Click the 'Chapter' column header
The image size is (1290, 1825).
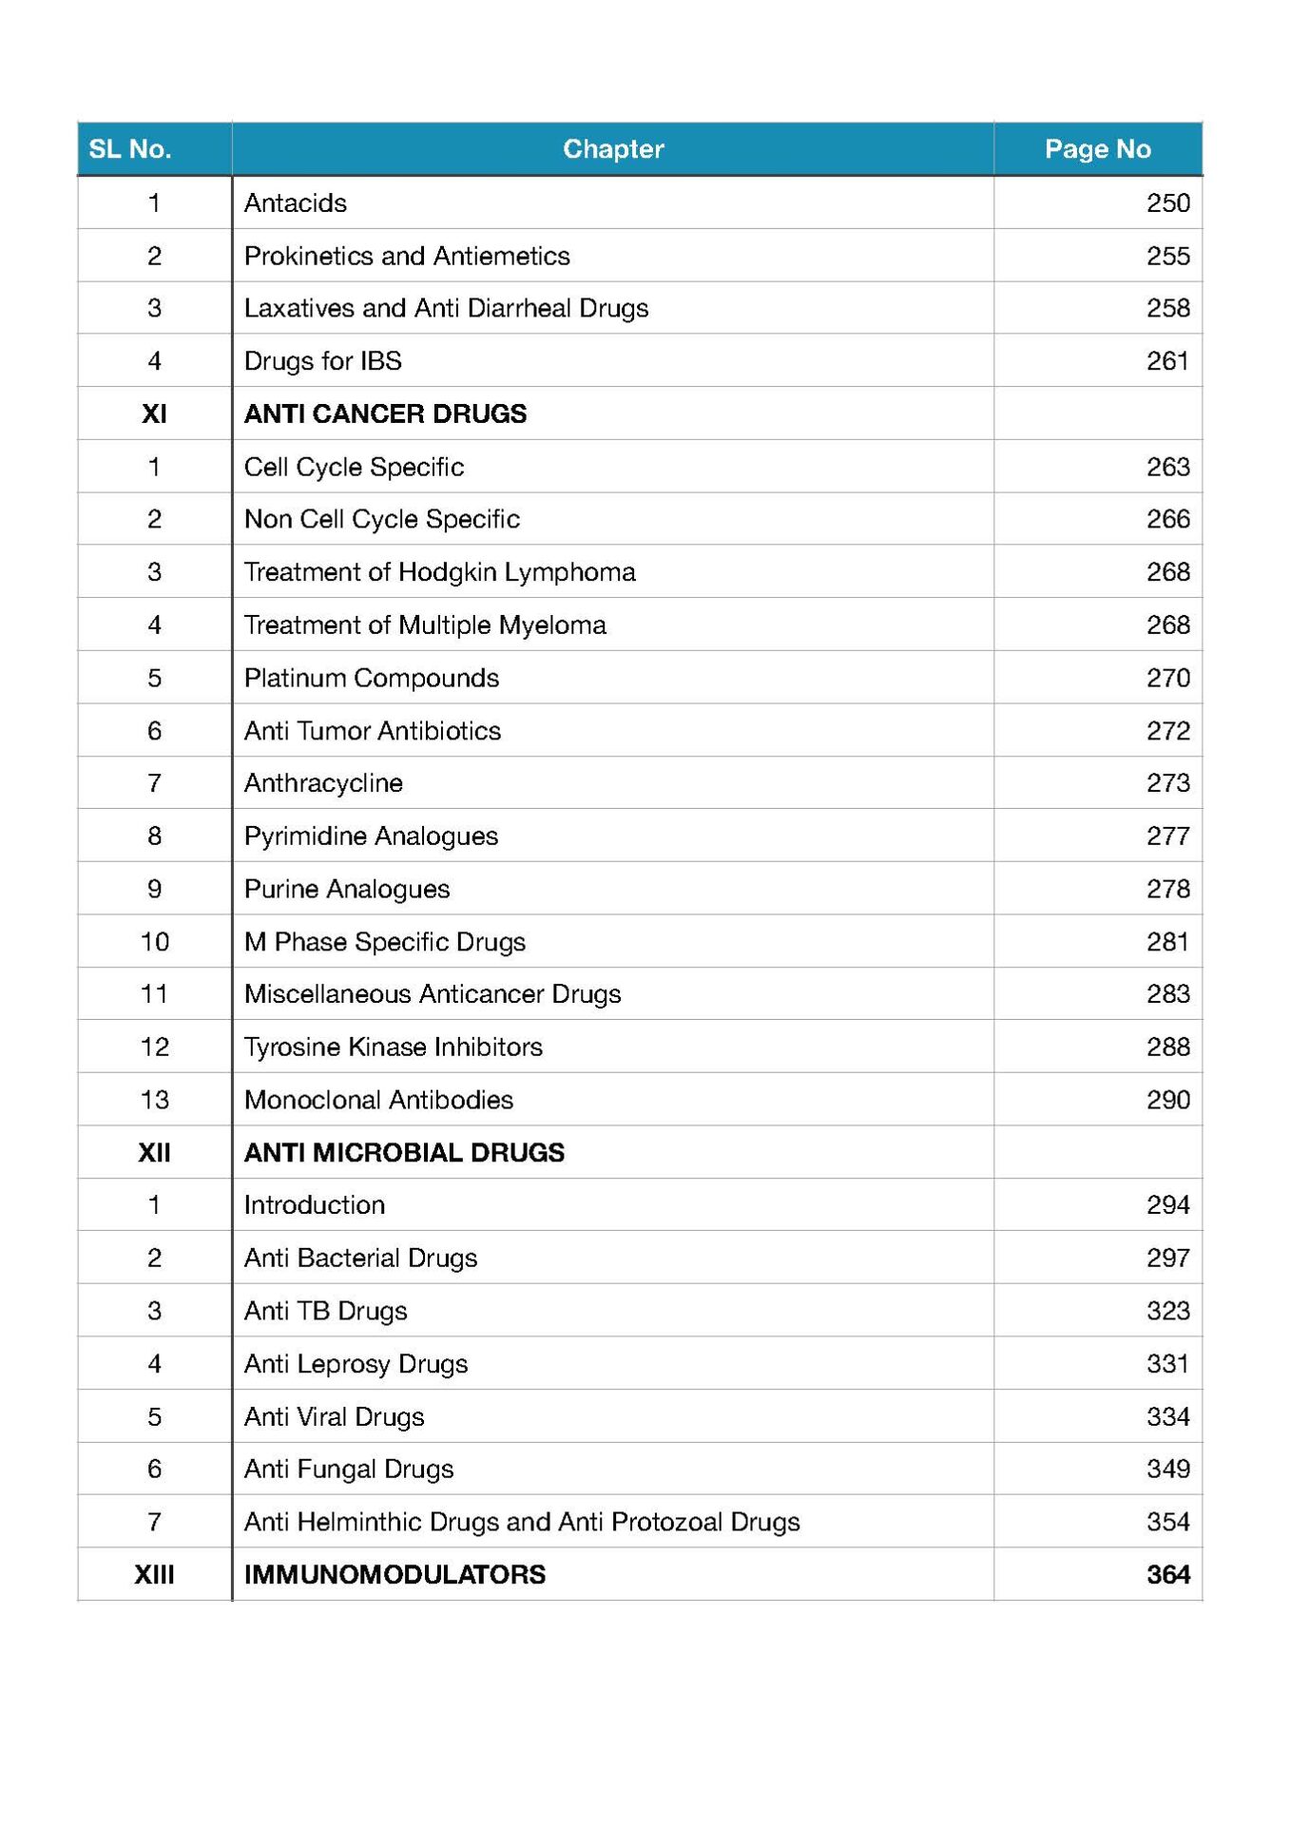(x=613, y=149)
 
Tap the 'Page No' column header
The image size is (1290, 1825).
(x=1097, y=149)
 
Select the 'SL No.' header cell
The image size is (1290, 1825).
(x=130, y=149)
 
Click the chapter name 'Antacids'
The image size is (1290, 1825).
(x=296, y=203)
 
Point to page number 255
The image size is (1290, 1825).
(x=1167, y=256)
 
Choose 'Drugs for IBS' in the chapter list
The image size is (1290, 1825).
(x=323, y=361)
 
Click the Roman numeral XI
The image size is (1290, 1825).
(x=154, y=414)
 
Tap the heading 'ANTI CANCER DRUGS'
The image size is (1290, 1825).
(x=385, y=414)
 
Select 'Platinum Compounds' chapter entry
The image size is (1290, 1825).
(x=372, y=678)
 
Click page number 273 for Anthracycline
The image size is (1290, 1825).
(x=1167, y=783)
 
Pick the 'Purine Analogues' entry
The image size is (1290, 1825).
(x=347, y=889)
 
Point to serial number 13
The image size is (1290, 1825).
(x=154, y=1100)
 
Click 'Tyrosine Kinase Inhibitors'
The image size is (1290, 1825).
(x=393, y=1047)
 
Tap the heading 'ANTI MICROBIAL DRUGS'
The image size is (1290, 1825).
(x=404, y=1153)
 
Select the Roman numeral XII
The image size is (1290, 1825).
(x=154, y=1153)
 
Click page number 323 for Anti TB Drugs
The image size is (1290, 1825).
(x=1167, y=1311)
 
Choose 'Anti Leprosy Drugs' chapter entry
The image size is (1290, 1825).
(x=356, y=1364)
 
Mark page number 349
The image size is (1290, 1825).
(x=1167, y=1470)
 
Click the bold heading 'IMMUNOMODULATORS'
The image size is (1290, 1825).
(x=395, y=1575)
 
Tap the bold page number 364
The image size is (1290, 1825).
(x=1167, y=1575)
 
